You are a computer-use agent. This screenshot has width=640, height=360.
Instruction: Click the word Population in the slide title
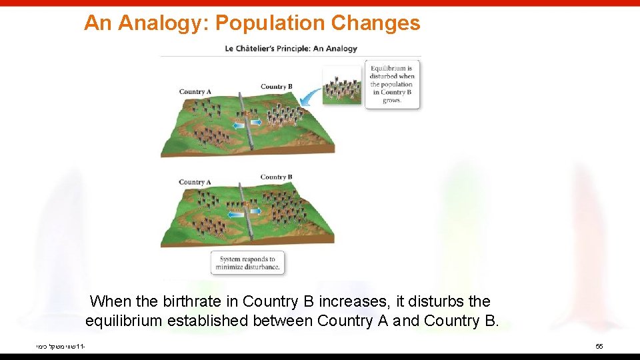point(270,23)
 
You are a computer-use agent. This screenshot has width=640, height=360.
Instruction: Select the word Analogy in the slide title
point(164,23)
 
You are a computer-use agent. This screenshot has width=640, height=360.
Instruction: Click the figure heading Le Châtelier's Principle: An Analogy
point(291,48)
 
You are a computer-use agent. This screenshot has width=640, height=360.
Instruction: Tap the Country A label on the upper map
point(195,92)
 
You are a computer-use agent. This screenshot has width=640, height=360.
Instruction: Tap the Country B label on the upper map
point(276,87)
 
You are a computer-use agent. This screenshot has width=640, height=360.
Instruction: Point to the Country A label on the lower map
point(195,182)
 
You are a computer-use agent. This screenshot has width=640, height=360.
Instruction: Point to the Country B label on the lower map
point(276,177)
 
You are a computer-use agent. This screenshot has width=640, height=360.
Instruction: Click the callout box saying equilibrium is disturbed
point(392,84)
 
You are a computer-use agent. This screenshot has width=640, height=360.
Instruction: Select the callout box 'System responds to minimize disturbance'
point(247,263)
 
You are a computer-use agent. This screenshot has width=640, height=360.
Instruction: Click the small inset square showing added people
point(342,85)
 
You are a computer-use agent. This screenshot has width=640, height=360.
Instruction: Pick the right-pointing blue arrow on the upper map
point(255,123)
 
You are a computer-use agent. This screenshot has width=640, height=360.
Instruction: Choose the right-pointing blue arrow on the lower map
point(255,211)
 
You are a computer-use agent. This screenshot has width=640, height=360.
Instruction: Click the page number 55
point(599,347)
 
